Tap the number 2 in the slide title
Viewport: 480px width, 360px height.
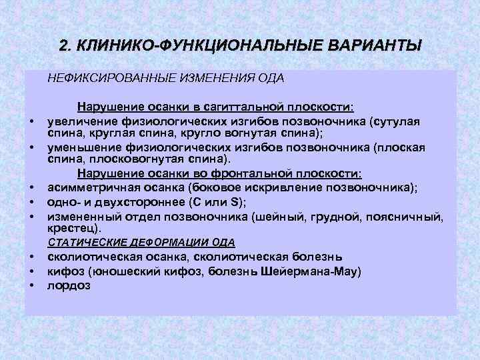(x=63, y=46)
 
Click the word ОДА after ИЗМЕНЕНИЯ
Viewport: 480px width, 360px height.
(x=271, y=79)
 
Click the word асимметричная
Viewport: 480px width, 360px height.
(x=86, y=188)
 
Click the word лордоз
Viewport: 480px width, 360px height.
(x=69, y=285)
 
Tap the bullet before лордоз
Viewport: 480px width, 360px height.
(x=31, y=287)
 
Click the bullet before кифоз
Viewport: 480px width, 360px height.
(x=31, y=272)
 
